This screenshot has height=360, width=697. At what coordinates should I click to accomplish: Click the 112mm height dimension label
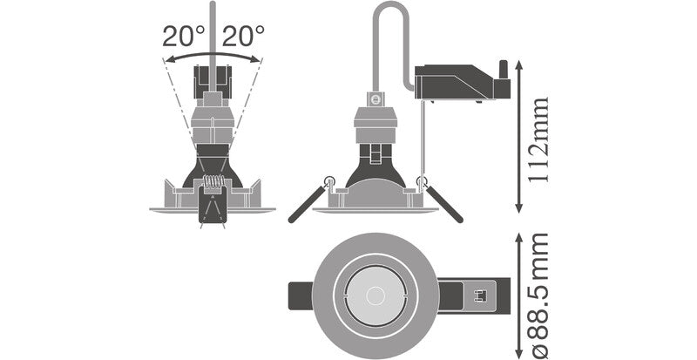(x=540, y=137)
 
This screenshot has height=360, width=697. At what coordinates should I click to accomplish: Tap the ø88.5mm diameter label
(x=540, y=295)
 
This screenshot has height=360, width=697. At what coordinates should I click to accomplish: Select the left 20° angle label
(x=183, y=37)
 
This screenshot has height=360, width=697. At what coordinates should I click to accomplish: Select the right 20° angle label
(x=243, y=37)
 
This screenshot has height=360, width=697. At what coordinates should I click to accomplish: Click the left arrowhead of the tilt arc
(x=167, y=59)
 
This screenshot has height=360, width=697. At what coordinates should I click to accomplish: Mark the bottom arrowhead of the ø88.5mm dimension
(x=519, y=352)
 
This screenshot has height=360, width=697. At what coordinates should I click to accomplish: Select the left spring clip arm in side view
(x=307, y=205)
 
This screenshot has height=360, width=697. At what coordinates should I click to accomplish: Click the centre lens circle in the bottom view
(x=374, y=295)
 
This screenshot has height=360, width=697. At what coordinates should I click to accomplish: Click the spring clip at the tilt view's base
(x=212, y=199)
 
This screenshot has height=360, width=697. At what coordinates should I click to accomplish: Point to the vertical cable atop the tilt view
(x=212, y=35)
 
